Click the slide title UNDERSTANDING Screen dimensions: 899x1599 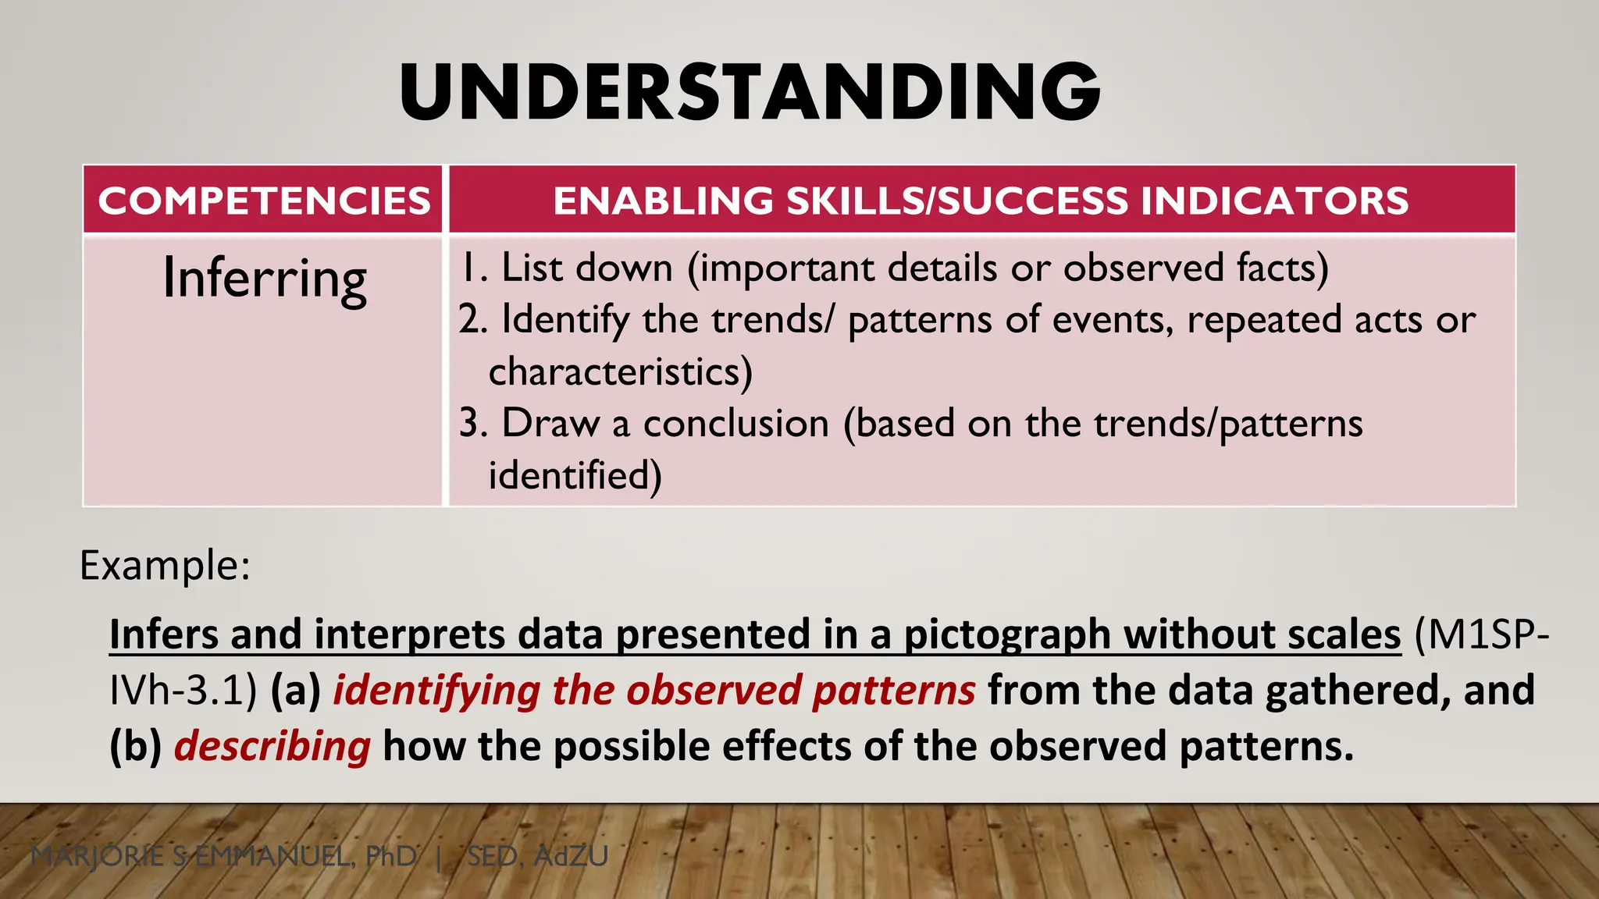(x=750, y=93)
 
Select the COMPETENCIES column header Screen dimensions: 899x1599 (x=264, y=201)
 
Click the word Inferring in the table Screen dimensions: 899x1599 (x=264, y=279)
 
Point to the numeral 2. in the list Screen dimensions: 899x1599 (x=472, y=320)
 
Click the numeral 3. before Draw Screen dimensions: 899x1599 (x=472, y=424)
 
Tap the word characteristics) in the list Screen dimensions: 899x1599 (x=620, y=372)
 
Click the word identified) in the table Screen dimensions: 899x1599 (x=575, y=475)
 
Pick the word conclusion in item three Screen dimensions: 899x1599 (x=735, y=424)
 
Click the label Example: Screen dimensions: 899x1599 (x=165, y=565)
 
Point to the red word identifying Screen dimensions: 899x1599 (x=436, y=691)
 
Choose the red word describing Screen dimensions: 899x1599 (x=272, y=747)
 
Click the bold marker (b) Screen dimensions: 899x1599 (x=135, y=747)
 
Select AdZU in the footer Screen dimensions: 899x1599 (x=571, y=857)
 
